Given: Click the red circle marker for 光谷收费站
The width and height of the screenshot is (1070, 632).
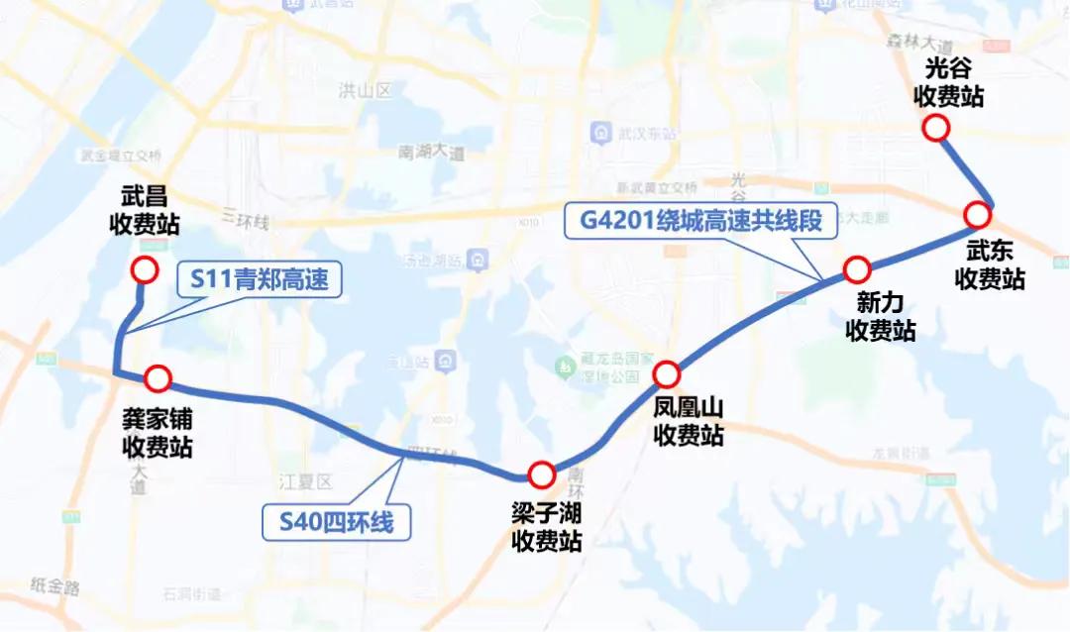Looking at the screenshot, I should point(935,128).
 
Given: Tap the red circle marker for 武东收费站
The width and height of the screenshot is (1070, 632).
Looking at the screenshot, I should point(977,215).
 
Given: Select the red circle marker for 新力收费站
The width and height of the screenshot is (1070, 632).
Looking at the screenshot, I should point(857,268).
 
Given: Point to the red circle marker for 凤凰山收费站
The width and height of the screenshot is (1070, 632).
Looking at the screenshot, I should point(666,374).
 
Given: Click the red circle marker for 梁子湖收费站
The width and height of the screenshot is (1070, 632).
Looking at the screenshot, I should point(541,475).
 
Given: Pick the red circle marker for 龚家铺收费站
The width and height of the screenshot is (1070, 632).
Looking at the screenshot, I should point(159,377).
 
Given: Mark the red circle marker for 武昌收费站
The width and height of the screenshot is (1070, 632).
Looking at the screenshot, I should point(145,269).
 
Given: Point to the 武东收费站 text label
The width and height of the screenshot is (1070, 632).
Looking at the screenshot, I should point(990,265).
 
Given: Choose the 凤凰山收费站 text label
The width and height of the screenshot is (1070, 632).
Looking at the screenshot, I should point(689,420).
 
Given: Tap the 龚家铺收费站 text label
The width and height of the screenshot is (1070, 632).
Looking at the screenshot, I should point(157,434).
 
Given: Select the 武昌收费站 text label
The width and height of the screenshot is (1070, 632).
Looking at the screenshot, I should point(144,209).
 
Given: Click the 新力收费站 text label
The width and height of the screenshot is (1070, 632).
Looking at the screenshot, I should point(881,316).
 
